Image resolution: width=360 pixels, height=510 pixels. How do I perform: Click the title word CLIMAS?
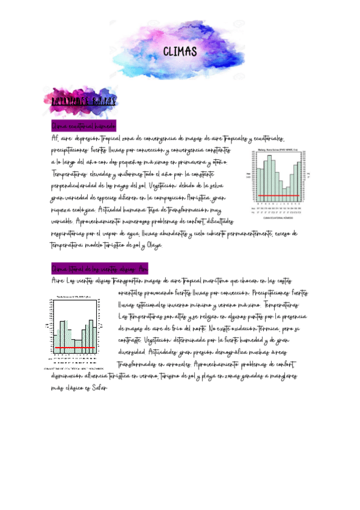[x=180, y=51]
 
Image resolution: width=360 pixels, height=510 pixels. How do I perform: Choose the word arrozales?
[x=174, y=365]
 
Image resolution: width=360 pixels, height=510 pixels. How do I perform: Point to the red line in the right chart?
[x=278, y=195]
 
